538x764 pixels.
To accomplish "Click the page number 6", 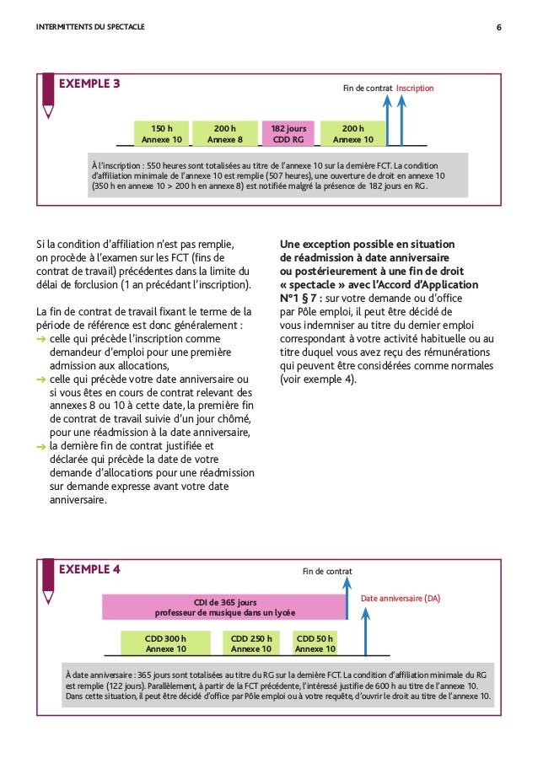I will (x=499, y=26).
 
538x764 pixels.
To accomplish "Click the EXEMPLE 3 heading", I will (x=89, y=83).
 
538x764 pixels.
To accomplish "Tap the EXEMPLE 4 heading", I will (x=89, y=568).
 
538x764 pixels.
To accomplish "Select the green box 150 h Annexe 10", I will (x=162, y=133).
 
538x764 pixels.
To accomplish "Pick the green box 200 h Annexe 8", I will (x=224, y=133).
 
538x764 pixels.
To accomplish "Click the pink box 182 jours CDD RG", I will (x=288, y=133).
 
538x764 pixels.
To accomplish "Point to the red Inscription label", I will (x=414, y=88).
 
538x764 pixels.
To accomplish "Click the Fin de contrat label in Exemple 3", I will (x=369, y=88).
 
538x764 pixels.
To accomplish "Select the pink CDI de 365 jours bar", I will (x=224, y=606).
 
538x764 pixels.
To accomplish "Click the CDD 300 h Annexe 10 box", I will (x=165, y=643).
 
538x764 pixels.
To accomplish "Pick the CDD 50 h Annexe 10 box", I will (x=315, y=643).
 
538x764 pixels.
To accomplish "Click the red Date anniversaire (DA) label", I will (x=401, y=598).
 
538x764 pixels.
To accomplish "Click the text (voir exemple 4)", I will (x=319, y=379).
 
